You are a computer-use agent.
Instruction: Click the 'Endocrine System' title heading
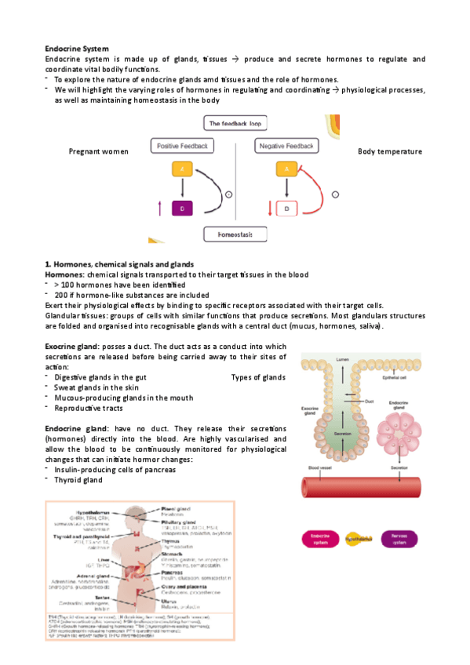[x=77, y=49]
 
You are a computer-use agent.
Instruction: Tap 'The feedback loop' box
[x=234, y=124]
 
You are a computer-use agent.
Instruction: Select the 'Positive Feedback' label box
[x=182, y=146]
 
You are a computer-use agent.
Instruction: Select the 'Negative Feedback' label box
[x=286, y=146]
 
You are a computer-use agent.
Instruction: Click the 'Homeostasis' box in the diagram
[x=234, y=234]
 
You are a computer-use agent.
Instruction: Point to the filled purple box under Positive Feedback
[x=182, y=208]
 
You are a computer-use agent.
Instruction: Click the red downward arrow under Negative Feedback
[x=270, y=209]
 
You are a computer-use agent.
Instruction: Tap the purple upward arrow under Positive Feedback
[x=161, y=208]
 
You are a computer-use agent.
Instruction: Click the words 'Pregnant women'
[x=99, y=151]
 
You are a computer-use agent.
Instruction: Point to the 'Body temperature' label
[x=389, y=151]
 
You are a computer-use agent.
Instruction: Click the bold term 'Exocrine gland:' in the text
[x=77, y=346]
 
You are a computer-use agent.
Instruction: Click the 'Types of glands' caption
[x=258, y=377]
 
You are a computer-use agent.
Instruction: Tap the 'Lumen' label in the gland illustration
[x=342, y=359]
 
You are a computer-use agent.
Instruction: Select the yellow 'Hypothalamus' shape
[x=361, y=540]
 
